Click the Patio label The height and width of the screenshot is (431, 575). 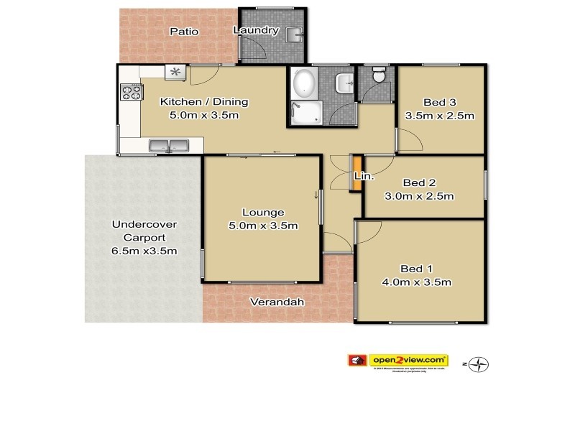point(183,32)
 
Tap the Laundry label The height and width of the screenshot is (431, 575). point(256,30)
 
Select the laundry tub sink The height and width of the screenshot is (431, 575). point(293,34)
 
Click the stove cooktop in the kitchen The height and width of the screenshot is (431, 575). point(130,92)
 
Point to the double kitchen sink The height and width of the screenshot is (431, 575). point(168,147)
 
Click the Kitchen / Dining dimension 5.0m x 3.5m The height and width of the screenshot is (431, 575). point(199,115)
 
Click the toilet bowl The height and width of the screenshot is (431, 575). point(379,75)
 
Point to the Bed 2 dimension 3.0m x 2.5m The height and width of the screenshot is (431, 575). point(428,196)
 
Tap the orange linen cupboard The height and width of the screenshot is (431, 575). point(354,173)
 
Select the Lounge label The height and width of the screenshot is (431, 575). point(263,212)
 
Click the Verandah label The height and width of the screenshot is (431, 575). point(277,302)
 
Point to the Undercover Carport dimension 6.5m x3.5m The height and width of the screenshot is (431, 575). point(144,251)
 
